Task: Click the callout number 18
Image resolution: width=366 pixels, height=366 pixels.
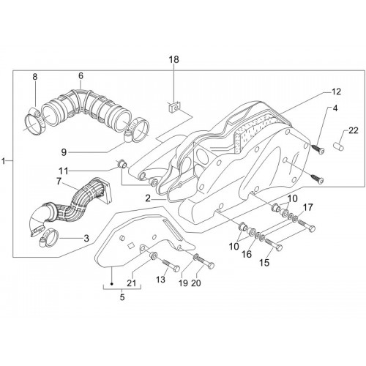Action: [x=174, y=59]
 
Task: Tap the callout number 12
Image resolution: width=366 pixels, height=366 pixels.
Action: [x=336, y=91]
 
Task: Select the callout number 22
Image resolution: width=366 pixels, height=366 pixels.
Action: [x=353, y=130]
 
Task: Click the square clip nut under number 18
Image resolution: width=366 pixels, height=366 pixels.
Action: [x=173, y=107]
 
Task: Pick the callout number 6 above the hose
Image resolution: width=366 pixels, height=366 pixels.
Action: [x=81, y=76]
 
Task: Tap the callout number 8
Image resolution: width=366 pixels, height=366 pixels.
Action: [x=35, y=77]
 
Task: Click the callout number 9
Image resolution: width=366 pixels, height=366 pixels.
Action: [x=64, y=152]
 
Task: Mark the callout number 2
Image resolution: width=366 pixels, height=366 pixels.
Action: [x=148, y=198]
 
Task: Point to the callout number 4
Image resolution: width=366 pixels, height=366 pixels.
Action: [x=335, y=108]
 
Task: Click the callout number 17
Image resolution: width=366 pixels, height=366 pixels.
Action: [x=308, y=208]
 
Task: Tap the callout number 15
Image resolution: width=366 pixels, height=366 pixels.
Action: [x=264, y=263]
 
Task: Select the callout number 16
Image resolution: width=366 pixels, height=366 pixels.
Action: [x=247, y=254]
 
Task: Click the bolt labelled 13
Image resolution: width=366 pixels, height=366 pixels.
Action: [x=171, y=266]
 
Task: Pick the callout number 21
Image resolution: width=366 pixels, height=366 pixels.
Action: [x=131, y=283]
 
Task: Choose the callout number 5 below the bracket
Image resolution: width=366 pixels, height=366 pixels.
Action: [x=122, y=297]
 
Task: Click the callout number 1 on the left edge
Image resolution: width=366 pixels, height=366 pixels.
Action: [x=4, y=161]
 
